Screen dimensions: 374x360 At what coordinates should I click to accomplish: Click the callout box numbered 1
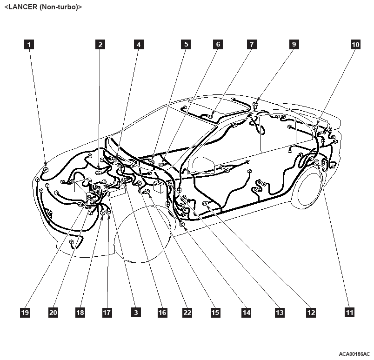tap(29, 45)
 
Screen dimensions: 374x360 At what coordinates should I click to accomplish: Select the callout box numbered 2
tap(100, 45)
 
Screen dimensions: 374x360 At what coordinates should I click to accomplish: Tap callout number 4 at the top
tap(139, 45)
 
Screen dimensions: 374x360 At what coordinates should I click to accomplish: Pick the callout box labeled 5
tap(186, 44)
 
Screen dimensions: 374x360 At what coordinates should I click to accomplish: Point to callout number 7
tap(252, 45)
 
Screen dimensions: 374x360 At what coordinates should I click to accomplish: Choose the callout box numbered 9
tap(294, 44)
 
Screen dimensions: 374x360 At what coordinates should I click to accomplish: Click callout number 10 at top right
tap(355, 45)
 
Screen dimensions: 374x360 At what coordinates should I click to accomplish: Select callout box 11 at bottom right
tap(349, 313)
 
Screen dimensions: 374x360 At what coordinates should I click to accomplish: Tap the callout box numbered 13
tap(280, 313)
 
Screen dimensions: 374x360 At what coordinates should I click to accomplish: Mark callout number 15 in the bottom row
tap(215, 313)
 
